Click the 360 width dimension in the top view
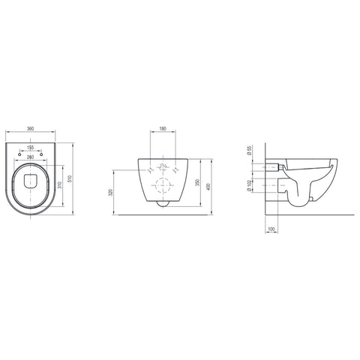[x=30, y=129]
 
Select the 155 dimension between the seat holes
[x=30, y=148]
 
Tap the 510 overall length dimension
[x=70, y=178]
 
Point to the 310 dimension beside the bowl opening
[x=59, y=185]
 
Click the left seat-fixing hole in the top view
[x=19, y=154]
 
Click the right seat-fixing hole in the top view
[x=41, y=154]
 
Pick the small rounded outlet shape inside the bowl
[x=31, y=181]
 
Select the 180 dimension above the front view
[x=163, y=129]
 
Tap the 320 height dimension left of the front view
[x=112, y=192]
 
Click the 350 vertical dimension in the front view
[x=197, y=182]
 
